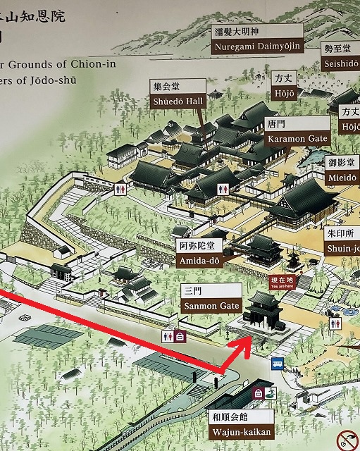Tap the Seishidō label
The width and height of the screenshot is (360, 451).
tap(340, 56)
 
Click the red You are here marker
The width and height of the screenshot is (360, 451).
tap(280, 282)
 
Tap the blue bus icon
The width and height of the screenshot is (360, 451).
tap(278, 365)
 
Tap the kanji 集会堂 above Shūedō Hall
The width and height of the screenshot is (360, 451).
tap(166, 86)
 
